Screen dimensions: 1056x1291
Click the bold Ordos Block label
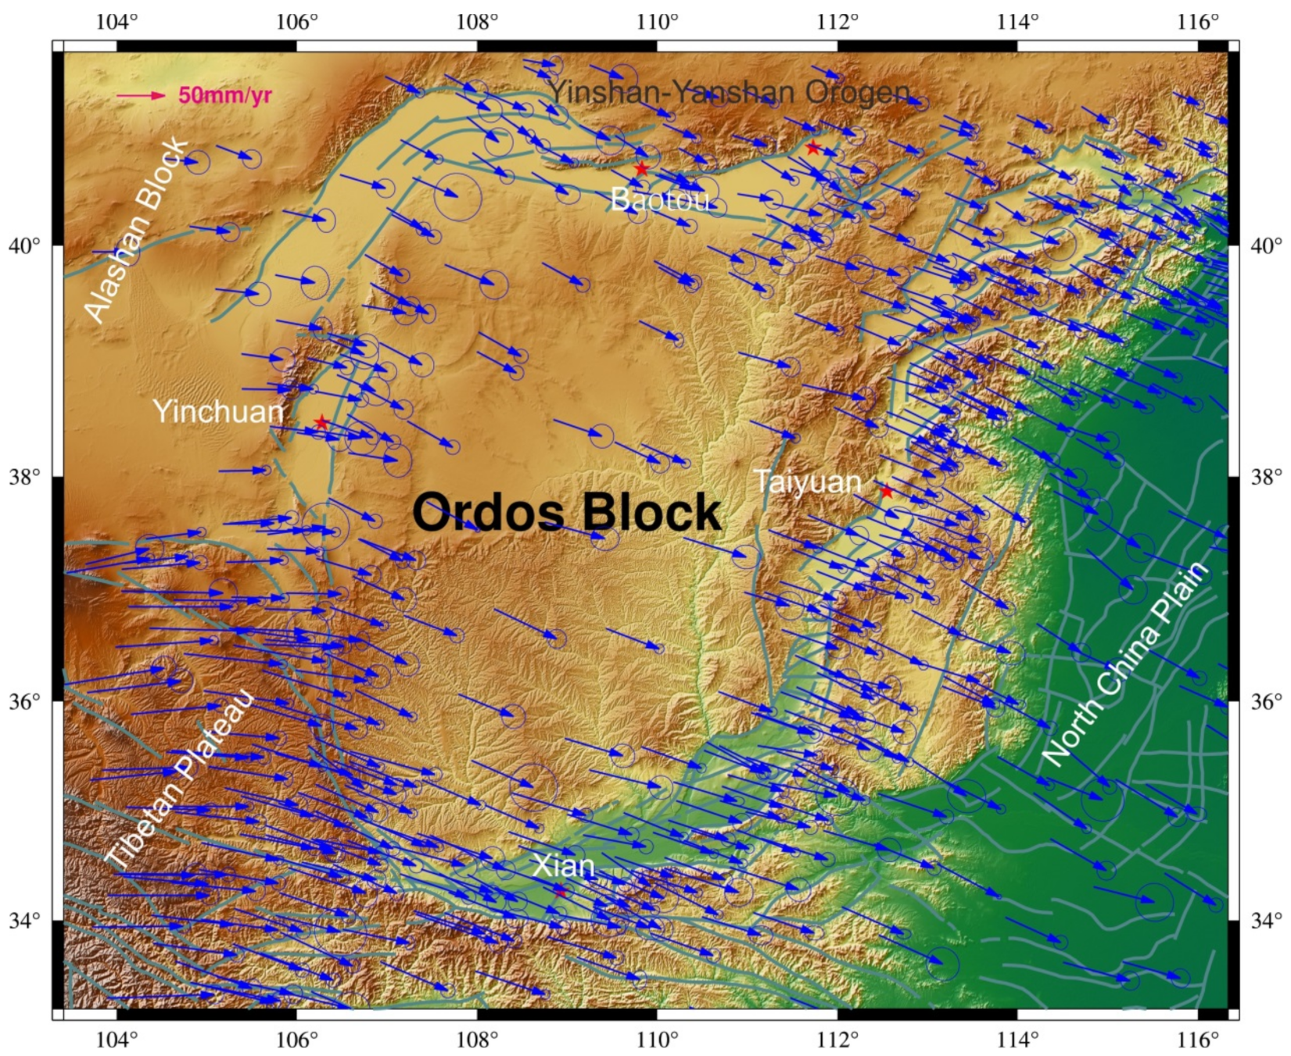pyautogui.click(x=566, y=513)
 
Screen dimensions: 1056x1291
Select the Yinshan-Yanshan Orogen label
pyautogui.click(x=729, y=92)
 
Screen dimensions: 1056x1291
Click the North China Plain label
pyautogui.click(x=1126, y=664)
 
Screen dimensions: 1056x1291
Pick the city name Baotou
pyautogui.click(x=661, y=200)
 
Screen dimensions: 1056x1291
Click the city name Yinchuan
pyautogui.click(x=218, y=412)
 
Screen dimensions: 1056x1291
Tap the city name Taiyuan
pyautogui.click(x=808, y=482)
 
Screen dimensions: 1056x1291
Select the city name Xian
pyautogui.click(x=563, y=866)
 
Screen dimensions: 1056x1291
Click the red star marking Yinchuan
pyautogui.click(x=321, y=423)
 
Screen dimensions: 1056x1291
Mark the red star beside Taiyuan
pyautogui.click(x=886, y=492)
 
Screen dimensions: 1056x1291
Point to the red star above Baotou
pyautogui.click(x=641, y=169)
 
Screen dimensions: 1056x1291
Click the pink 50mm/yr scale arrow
pyautogui.click(x=141, y=95)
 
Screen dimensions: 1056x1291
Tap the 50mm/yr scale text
pyautogui.click(x=225, y=95)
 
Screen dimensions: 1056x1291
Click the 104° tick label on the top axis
pyautogui.click(x=117, y=21)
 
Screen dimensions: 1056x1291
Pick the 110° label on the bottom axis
pyautogui.click(x=658, y=1040)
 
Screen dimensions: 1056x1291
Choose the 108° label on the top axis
pyautogui.click(x=477, y=21)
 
